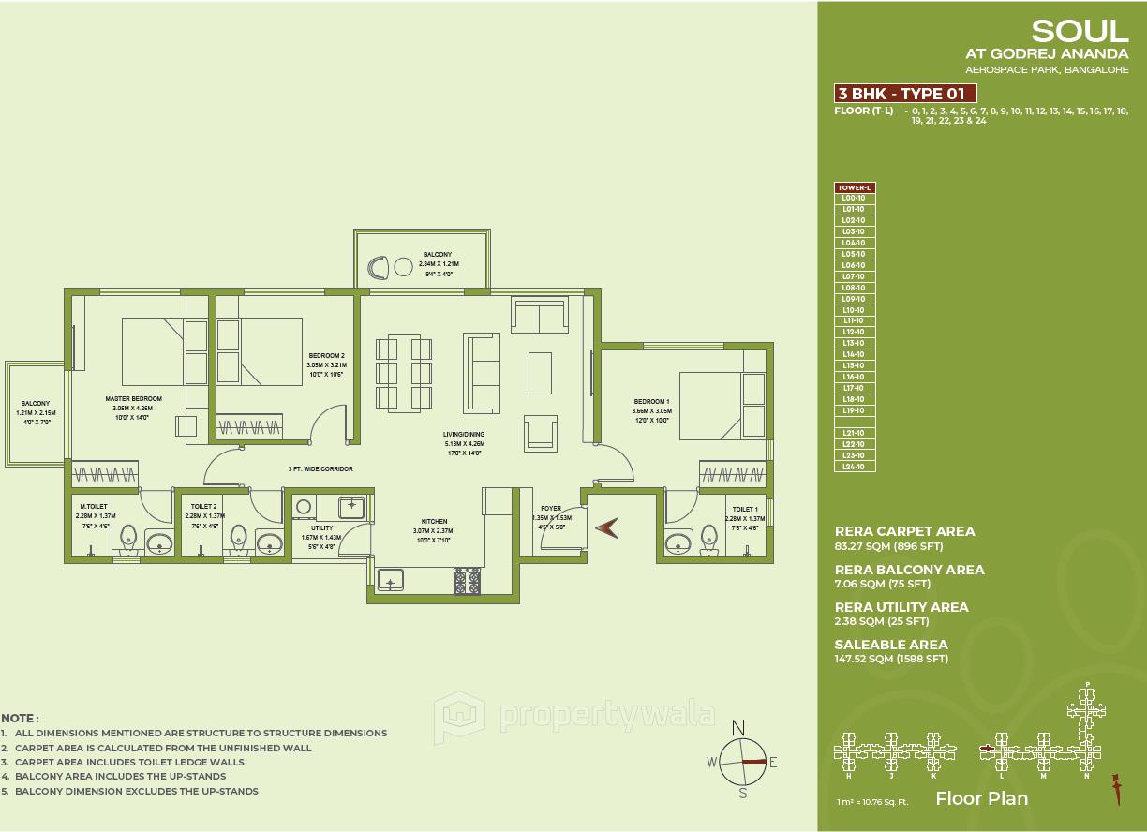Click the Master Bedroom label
133,399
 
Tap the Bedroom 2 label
326,356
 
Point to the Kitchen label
434,521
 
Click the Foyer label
551,509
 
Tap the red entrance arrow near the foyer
607,529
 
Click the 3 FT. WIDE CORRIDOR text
320,468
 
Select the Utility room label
321,528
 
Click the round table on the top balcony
404,267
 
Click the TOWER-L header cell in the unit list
854,187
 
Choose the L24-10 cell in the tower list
854,467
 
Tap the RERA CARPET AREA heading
904,531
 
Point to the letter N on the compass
738,727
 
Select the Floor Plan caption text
981,798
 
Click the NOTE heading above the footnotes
20,718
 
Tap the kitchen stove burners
467,583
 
